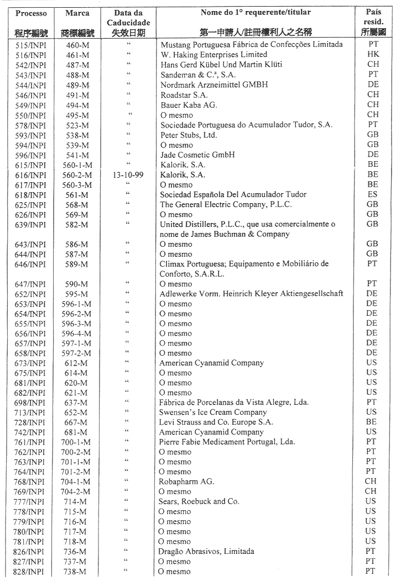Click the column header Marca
77,13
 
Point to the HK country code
373,55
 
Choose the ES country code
373,194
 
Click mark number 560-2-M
77,174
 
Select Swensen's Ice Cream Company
213,413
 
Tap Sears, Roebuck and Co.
199,501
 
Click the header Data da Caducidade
128,17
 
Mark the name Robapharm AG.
187,482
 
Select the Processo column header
31,13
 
